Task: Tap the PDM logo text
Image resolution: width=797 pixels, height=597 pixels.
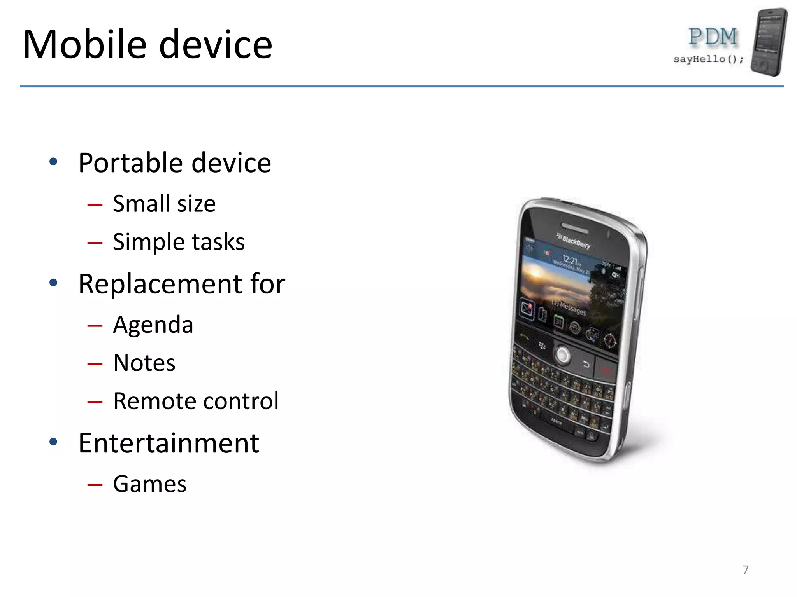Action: (x=712, y=37)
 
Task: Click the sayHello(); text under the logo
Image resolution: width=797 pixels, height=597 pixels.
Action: (x=708, y=59)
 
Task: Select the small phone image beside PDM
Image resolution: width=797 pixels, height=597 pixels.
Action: (x=769, y=42)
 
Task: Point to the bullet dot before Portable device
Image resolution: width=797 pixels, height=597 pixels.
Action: (x=54, y=162)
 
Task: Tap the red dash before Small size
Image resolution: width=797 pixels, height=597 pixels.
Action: (x=95, y=204)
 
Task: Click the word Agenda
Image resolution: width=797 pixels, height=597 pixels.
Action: (x=153, y=325)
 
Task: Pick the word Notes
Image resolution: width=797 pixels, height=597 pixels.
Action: (x=144, y=363)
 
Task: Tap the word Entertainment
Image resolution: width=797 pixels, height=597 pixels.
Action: (x=169, y=443)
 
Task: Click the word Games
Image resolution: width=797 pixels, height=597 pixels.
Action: (x=149, y=484)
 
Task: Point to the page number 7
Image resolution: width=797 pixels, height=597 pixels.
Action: (x=745, y=569)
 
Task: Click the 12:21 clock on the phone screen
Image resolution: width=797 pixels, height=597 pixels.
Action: (x=571, y=259)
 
